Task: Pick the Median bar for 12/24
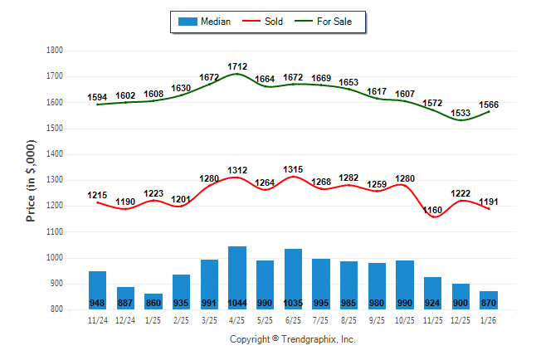(x=125, y=297)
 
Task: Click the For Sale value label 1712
(x=237, y=66)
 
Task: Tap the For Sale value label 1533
(x=460, y=113)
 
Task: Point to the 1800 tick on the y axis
(x=56, y=51)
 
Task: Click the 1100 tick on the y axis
(x=56, y=232)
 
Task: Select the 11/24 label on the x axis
(x=97, y=319)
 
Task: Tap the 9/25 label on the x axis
(x=377, y=319)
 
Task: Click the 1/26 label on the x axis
(x=489, y=319)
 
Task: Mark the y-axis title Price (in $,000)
(x=31, y=179)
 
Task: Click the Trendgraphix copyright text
(x=292, y=339)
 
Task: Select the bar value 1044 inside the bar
(x=237, y=302)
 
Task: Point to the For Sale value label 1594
(x=97, y=97)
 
